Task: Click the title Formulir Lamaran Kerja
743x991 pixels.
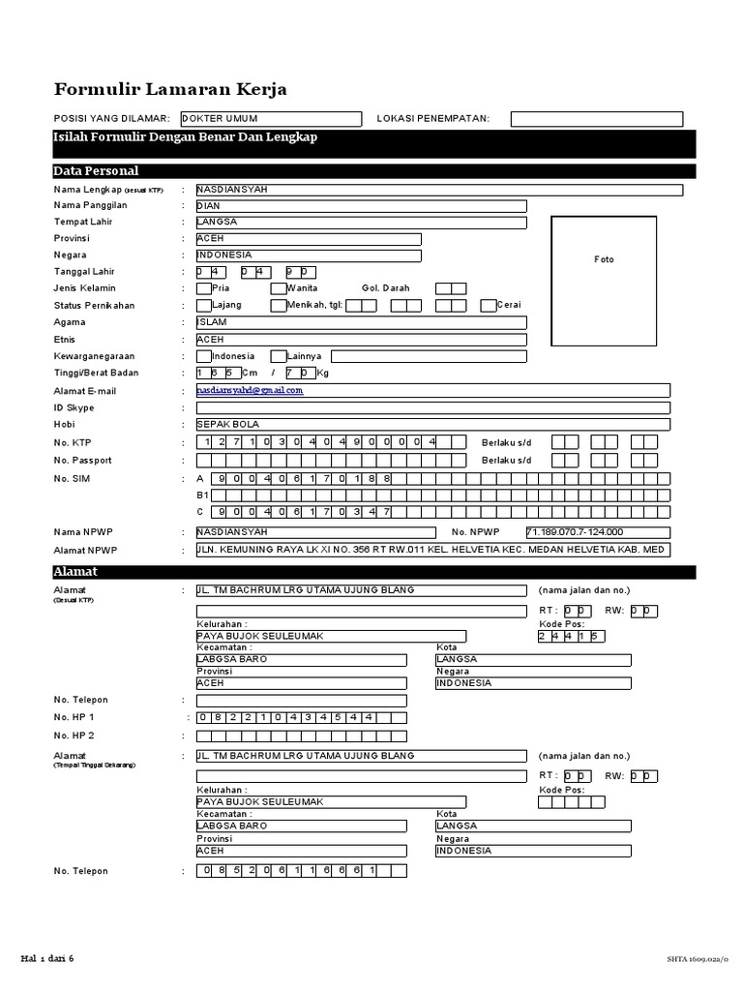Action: coord(169,90)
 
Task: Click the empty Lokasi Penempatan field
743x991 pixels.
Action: coord(596,119)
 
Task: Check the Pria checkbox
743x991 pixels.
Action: coord(202,288)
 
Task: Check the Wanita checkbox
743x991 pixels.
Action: coord(278,288)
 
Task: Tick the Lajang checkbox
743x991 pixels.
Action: coord(202,305)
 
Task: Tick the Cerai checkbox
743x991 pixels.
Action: coord(489,305)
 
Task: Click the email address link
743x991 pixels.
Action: coord(250,390)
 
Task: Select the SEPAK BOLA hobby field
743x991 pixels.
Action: coord(432,424)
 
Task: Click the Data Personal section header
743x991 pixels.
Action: coord(97,171)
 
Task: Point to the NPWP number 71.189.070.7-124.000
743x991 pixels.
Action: coord(575,532)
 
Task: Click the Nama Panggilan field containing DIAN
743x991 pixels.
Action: coord(361,205)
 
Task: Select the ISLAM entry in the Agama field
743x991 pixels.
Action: coord(361,322)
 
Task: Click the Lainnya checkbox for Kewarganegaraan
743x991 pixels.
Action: coord(278,356)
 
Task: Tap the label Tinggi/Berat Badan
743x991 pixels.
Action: coord(96,373)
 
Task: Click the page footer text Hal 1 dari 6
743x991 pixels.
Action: coord(47,958)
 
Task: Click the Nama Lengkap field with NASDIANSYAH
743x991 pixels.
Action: coord(438,190)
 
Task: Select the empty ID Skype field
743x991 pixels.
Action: coord(432,407)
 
